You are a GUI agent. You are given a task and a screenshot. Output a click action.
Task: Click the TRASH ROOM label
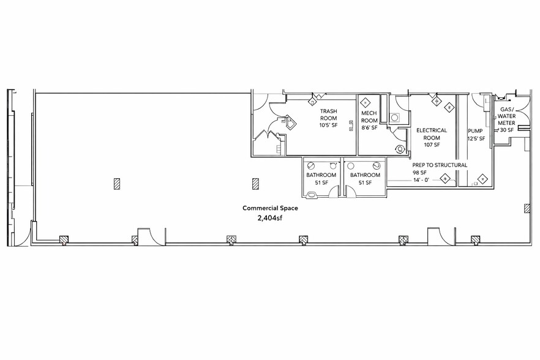329,115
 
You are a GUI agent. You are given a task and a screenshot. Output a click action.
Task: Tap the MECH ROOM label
369,117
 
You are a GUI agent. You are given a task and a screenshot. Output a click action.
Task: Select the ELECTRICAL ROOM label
432,134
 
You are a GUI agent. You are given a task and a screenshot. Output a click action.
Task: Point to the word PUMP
475,131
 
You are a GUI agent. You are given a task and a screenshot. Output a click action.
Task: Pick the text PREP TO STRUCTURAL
440,165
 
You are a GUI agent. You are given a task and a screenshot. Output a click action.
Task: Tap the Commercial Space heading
270,208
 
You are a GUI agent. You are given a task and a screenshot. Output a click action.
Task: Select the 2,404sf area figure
270,217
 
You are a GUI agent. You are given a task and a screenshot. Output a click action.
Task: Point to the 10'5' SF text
329,126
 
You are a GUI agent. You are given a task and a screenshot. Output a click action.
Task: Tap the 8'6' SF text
369,128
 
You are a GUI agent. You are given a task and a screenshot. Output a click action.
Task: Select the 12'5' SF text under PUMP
476,139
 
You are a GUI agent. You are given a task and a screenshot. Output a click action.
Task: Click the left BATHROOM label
321,175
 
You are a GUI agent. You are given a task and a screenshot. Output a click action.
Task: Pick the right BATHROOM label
365,175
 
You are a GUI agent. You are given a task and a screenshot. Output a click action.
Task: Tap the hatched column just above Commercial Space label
255,183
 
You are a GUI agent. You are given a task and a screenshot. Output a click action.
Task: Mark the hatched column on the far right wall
527,209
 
